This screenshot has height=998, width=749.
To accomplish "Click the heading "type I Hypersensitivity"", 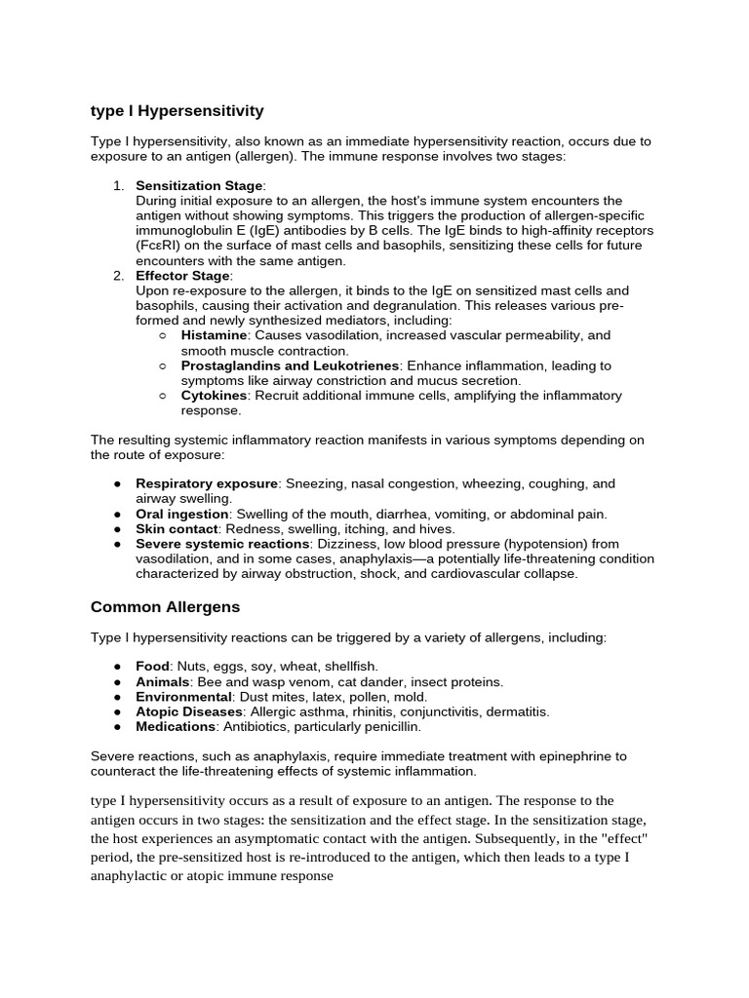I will [177, 111].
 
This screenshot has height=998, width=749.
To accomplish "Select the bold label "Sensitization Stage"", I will [199, 185].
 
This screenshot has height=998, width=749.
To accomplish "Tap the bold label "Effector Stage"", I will [183, 276].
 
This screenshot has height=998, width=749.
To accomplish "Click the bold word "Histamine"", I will [214, 335].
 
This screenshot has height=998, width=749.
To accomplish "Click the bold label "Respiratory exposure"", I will [207, 483].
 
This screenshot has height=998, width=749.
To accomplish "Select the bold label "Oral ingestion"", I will [182, 514].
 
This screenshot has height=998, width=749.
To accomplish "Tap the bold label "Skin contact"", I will [177, 528].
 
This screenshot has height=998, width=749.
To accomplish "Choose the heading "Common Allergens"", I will [165, 606].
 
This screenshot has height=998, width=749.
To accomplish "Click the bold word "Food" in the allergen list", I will [153, 667].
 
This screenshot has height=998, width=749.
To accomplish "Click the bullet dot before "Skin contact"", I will [117, 529].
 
